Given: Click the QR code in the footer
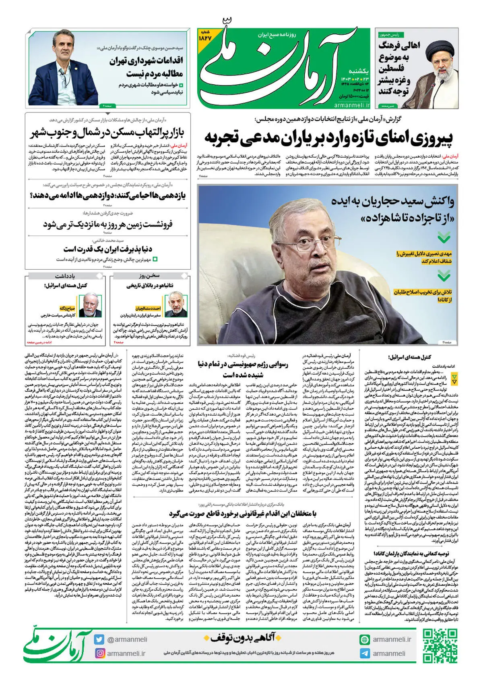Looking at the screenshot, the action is click(440, 645).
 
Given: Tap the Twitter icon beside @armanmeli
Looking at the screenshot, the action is click(99, 639).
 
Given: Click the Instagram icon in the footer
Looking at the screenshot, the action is click(99, 653).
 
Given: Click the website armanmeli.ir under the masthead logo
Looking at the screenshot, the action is click(351, 105).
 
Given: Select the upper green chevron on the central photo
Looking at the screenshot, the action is click(444, 237).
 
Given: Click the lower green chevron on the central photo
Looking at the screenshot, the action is click(444, 276).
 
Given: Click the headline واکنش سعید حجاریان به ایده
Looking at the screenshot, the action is click(393, 209).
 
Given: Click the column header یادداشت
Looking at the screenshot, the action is click(65, 276).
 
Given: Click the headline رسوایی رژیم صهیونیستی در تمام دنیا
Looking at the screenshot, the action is click(243, 369).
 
